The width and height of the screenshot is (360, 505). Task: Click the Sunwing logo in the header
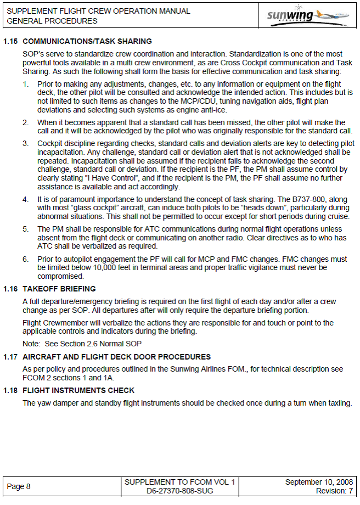tap(307, 15)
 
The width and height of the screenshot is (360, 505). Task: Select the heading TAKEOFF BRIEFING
tap(59, 289)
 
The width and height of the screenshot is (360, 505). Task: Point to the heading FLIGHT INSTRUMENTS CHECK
tap(78, 391)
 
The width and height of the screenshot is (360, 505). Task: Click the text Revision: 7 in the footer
tap(334, 491)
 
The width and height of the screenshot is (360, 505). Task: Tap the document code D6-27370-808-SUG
tap(180, 491)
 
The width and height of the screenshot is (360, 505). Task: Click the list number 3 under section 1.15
tap(25, 143)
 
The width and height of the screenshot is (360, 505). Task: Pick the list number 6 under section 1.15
tap(25, 259)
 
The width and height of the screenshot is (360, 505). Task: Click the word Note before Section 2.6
tap(31, 344)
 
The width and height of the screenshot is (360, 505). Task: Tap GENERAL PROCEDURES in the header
tap(52, 21)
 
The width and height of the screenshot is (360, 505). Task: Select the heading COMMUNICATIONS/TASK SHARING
tap(87, 41)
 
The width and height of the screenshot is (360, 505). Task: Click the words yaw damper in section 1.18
tap(58, 403)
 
